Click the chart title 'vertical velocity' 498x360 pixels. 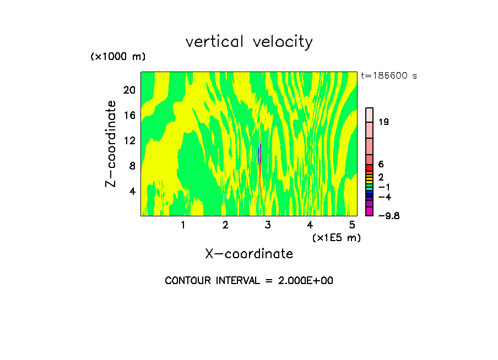click(249, 42)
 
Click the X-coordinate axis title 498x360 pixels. click(249, 254)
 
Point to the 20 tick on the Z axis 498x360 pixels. click(129, 91)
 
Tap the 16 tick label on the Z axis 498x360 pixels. click(129, 116)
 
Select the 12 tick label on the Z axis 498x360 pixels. click(129, 141)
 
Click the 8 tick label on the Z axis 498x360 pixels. click(132, 166)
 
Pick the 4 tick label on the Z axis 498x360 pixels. click(132, 191)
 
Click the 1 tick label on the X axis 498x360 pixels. click(183, 225)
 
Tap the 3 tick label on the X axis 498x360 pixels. click(268, 225)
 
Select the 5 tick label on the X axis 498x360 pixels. click(352, 225)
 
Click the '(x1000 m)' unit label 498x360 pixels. click(117, 57)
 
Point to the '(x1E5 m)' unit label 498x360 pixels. click(336, 237)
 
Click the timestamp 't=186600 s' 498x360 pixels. click(388, 75)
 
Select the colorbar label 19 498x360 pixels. click(383, 122)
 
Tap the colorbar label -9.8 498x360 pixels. click(388, 216)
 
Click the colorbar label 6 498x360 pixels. click(381, 165)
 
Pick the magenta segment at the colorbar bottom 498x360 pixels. click(370, 212)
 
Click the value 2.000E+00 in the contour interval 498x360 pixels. click(301, 281)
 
